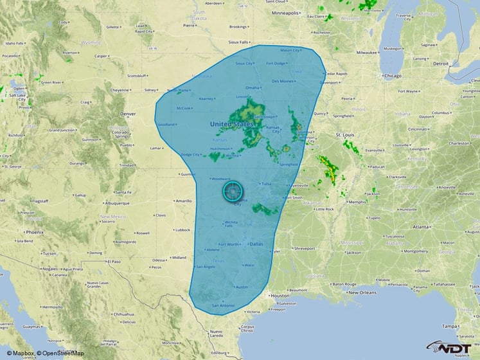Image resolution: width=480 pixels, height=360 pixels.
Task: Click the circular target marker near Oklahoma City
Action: coord(233,191)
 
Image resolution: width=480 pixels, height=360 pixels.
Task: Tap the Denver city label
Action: coord(128,114)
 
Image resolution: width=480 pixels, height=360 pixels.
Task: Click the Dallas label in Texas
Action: coord(256,244)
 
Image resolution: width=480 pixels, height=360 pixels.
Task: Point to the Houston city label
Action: coord(280,296)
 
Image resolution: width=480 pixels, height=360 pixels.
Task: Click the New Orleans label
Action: coord(364,292)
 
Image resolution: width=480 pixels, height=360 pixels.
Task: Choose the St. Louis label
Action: coord(346,135)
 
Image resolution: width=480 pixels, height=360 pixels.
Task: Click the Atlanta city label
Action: coord(422,227)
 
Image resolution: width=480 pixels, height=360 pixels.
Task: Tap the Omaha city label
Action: coord(252,88)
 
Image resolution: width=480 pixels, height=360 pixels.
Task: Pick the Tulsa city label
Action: coord(267,184)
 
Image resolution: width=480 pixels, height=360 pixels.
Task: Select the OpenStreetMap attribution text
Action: coord(60,353)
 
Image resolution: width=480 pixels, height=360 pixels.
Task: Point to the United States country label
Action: coord(231,123)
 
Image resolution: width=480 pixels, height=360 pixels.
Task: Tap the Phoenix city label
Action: coord(35,231)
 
